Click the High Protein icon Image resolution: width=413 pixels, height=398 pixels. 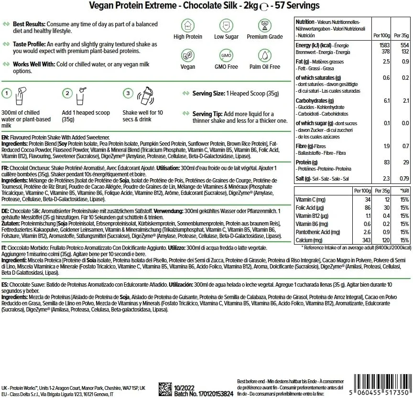point(188,26)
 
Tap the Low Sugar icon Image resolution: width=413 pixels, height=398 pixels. point(227,26)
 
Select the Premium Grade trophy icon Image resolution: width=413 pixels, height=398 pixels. point(265,26)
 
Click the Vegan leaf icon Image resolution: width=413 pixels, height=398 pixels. point(188,55)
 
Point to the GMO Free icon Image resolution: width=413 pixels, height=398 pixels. point(227,55)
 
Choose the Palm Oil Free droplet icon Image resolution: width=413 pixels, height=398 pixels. point(265,55)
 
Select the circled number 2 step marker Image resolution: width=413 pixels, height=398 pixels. point(68,93)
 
